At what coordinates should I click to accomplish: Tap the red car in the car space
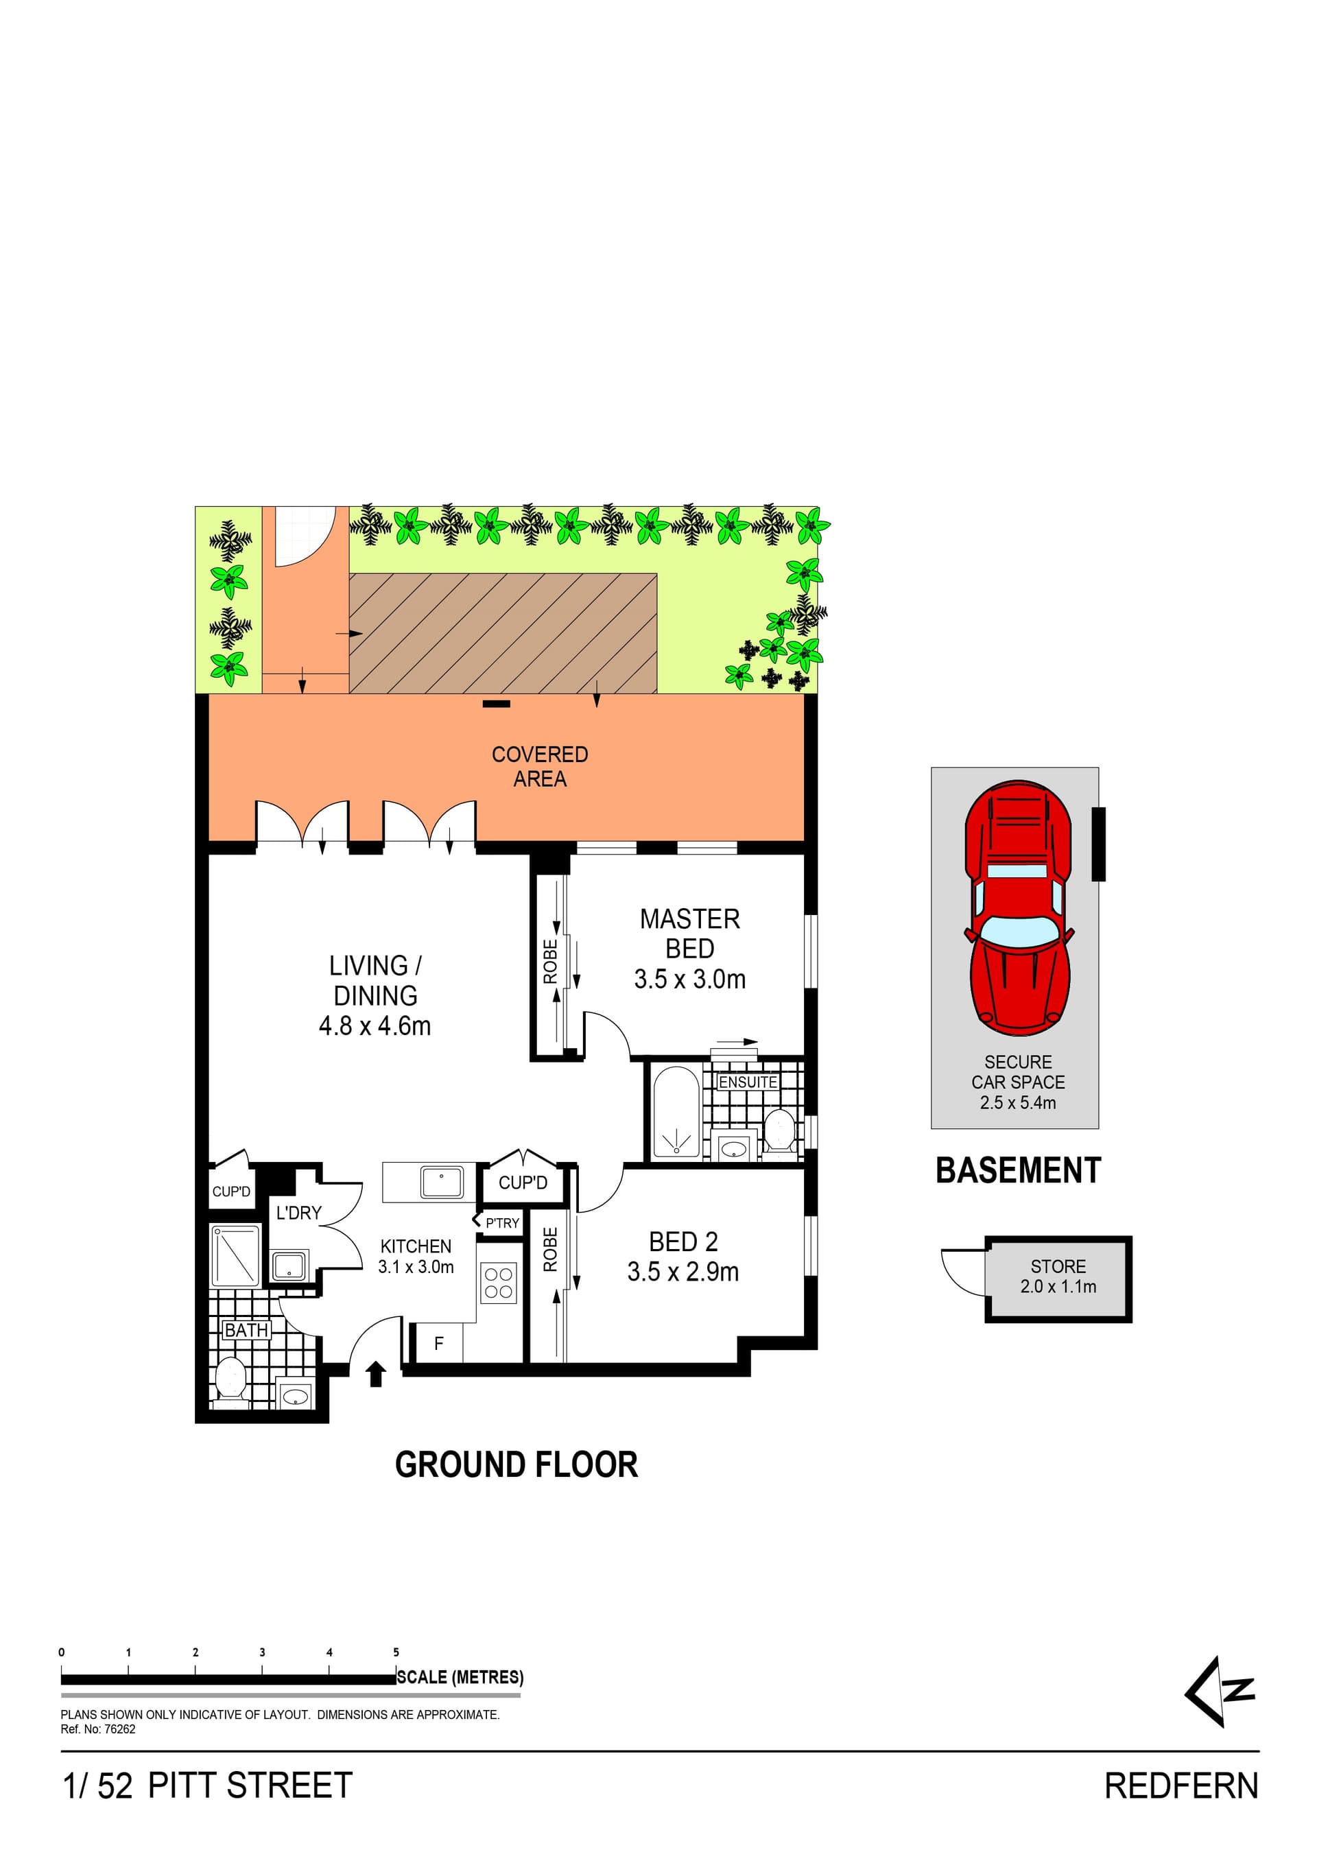[x=1017, y=908]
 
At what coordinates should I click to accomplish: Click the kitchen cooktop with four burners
[x=497, y=1283]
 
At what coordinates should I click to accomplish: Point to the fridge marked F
[x=438, y=1344]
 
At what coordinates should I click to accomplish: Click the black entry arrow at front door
[x=375, y=1374]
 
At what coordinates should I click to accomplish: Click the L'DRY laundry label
[x=298, y=1212]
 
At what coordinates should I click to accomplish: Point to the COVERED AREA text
[x=540, y=766]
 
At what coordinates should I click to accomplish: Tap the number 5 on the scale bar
[x=396, y=1652]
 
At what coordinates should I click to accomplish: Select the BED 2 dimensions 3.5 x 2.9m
[x=683, y=1272]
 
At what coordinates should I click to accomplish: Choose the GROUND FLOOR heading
[x=516, y=1464]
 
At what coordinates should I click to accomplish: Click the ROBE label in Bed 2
[x=550, y=1249]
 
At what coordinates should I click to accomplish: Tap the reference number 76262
[x=119, y=1729]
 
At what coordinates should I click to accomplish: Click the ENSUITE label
[x=748, y=1082]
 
